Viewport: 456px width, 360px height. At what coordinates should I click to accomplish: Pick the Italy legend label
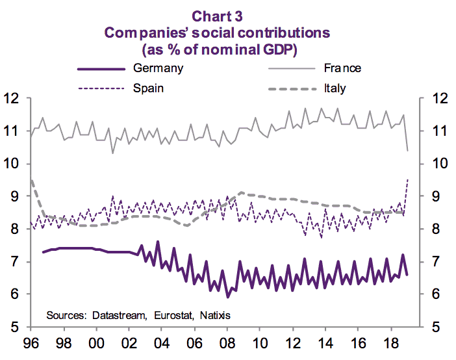[x=334, y=88]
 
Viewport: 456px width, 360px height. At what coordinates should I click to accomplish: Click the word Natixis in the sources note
[x=216, y=315]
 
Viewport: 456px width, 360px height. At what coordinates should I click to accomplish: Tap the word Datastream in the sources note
[x=120, y=315]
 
